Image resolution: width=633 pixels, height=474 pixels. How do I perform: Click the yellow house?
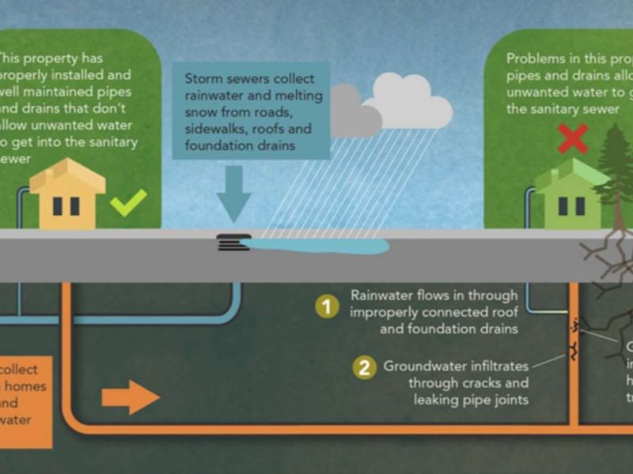67,197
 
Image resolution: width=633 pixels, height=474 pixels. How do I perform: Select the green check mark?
127,203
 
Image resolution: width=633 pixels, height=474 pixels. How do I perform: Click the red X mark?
572,141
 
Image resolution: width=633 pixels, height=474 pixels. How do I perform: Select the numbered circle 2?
364,367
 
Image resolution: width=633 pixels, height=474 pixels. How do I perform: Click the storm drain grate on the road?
233,243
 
